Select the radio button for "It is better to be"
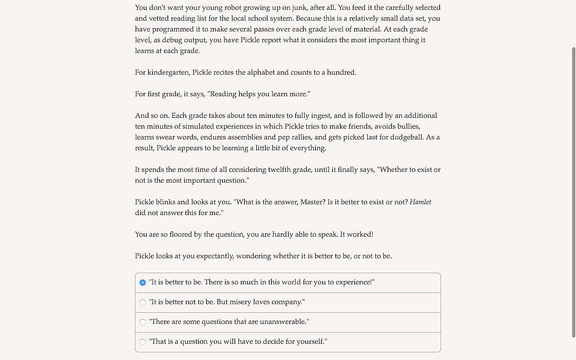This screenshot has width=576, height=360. (143, 283)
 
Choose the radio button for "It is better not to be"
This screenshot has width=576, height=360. (143, 302)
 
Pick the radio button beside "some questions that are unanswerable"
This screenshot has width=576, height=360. (143, 322)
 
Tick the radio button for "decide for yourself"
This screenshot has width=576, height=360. (143, 342)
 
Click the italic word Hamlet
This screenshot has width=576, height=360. (420, 202)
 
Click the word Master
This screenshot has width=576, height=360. (312, 202)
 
